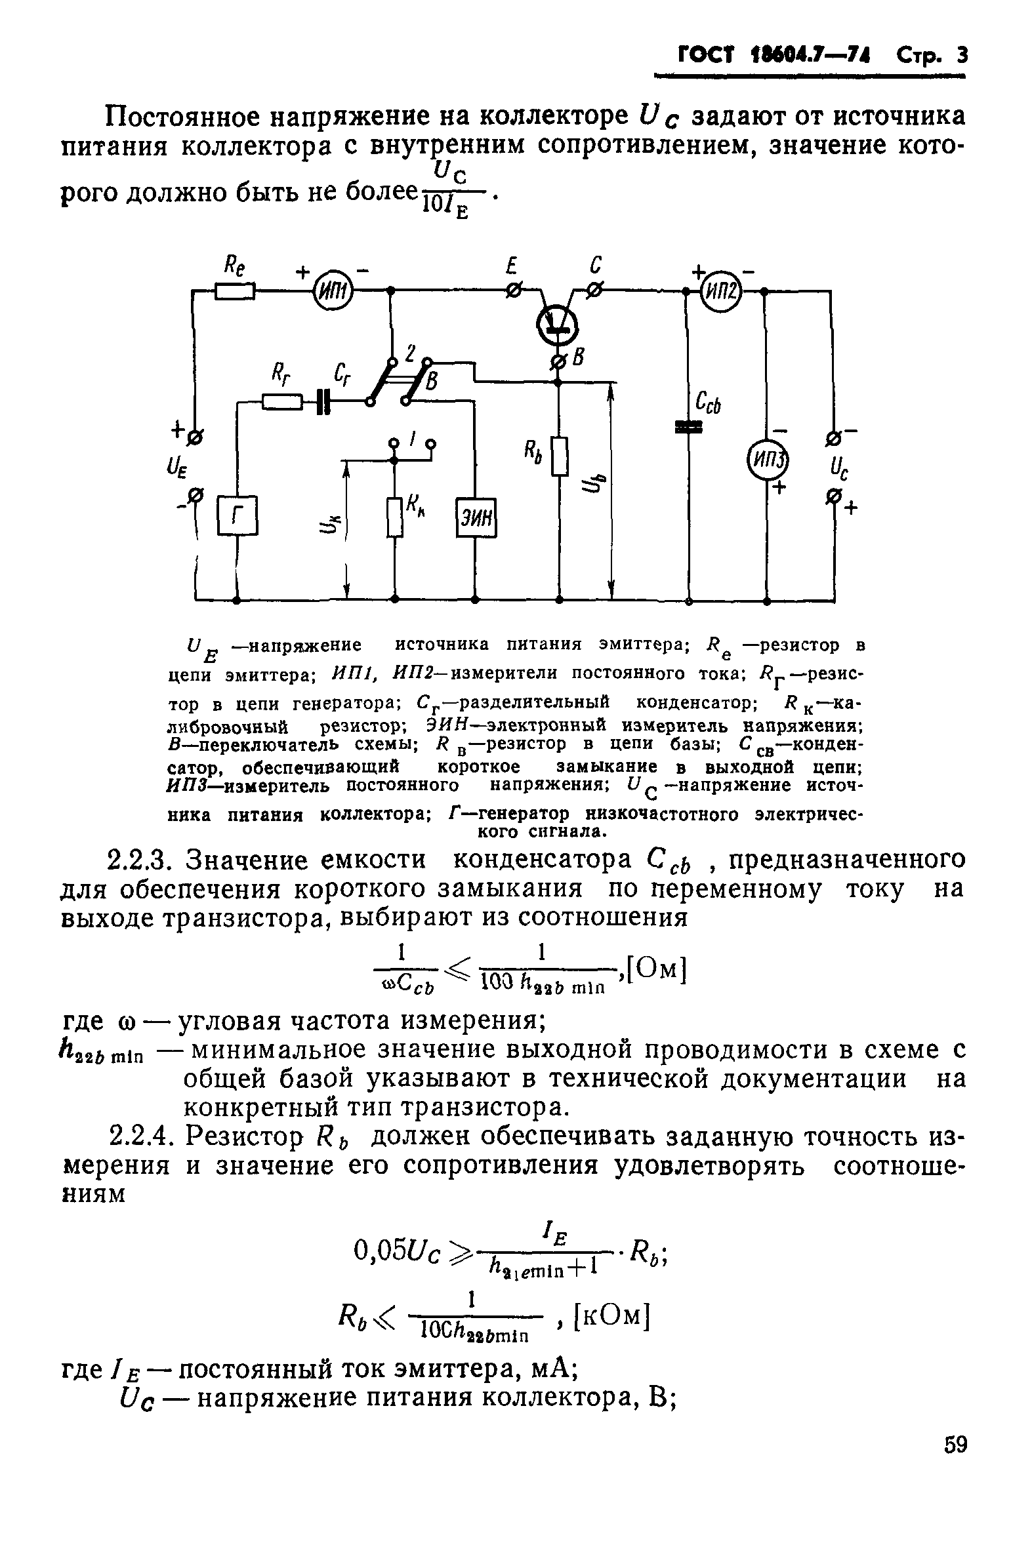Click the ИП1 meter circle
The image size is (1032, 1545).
coord(332,289)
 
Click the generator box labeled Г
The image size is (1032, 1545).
coord(237,515)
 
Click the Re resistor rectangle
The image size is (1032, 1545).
coord(234,290)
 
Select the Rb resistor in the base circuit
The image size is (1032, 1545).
coord(560,456)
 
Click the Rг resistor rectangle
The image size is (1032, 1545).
coord(282,400)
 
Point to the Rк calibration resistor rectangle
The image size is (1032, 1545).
coord(394,517)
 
